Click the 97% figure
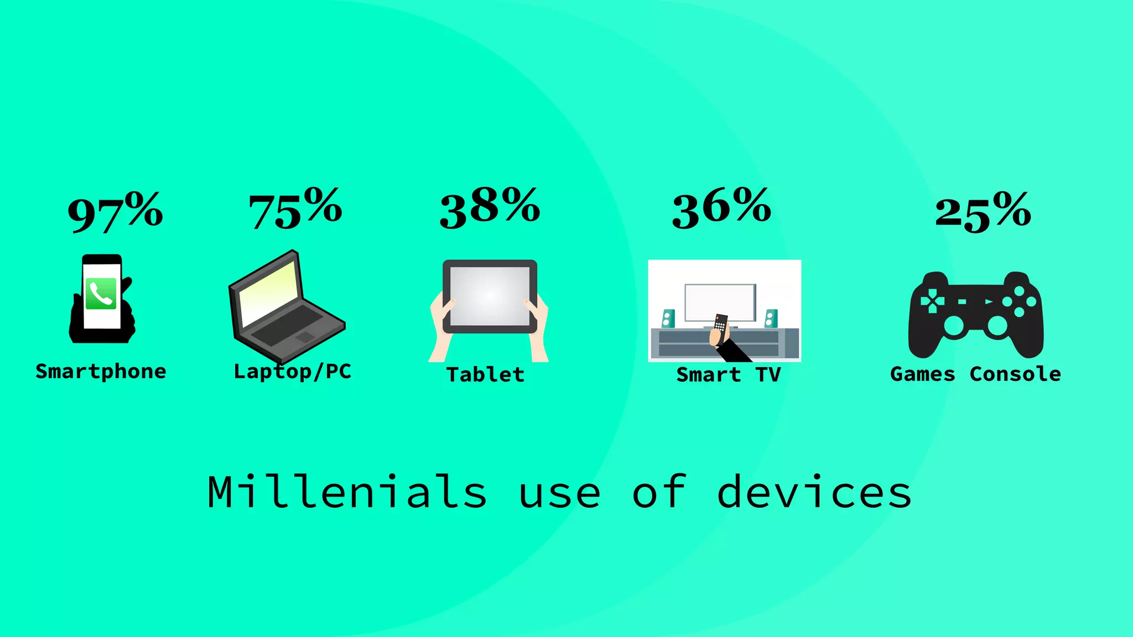[x=115, y=212]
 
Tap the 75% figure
[x=295, y=209]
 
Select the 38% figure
[x=490, y=208]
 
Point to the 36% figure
[x=721, y=208]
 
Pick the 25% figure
[x=983, y=212]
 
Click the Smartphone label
[x=101, y=372]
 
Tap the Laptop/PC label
[x=293, y=372]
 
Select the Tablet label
[x=485, y=375]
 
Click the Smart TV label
[x=728, y=375]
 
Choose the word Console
[x=1015, y=374]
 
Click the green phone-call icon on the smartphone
[x=101, y=294]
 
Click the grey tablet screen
[x=490, y=296]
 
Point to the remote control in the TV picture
[x=720, y=326]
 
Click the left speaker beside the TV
[x=668, y=318]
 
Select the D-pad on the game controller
[x=932, y=301]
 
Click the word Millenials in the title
[x=347, y=492]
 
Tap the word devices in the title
[x=814, y=492]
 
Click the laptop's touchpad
[x=304, y=337]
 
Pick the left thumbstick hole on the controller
[x=953, y=326]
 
